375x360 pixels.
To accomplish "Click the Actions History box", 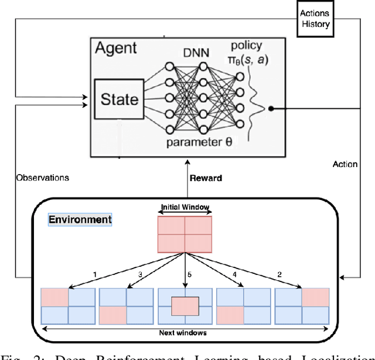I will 315,19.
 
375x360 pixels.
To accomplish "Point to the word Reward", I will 205,178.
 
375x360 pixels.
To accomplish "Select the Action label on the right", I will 345,164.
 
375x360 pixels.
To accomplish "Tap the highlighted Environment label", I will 80,220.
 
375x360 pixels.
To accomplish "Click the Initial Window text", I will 185,207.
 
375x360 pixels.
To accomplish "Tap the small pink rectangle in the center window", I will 185,306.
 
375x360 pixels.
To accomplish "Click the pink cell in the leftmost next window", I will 54,297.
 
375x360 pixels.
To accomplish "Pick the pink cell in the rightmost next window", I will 316,297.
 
